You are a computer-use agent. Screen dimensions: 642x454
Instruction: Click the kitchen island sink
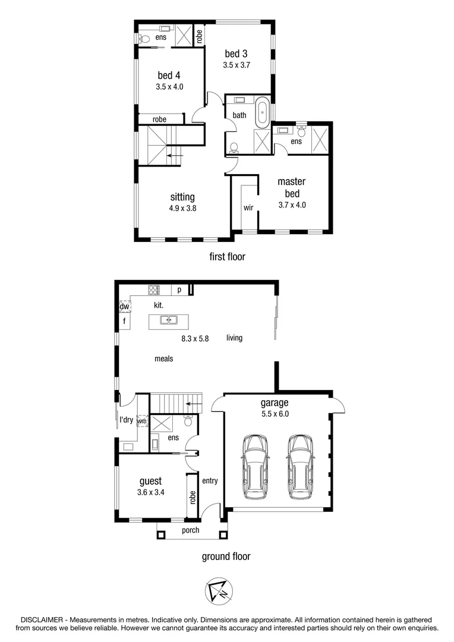point(169,321)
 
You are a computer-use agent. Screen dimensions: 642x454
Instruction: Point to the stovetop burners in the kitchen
point(153,290)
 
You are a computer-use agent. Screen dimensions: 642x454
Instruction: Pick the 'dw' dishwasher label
point(125,307)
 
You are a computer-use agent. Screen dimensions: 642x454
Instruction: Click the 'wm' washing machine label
point(141,421)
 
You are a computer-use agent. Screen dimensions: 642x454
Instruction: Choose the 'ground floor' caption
point(225,556)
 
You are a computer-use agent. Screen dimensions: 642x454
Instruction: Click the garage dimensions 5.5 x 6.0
point(274,414)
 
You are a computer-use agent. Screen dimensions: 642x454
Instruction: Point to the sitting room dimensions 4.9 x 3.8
point(182,208)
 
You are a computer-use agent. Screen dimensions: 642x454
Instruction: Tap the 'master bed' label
point(291,188)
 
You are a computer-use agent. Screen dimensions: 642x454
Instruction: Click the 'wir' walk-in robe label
point(248,208)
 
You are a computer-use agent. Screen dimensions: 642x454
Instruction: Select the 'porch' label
point(190,530)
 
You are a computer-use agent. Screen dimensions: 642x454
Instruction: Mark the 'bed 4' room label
point(169,75)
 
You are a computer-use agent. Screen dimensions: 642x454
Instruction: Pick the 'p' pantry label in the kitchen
point(179,290)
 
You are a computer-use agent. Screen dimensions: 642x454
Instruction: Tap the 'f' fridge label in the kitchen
point(125,322)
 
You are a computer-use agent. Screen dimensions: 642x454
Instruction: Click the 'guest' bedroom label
point(150,481)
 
